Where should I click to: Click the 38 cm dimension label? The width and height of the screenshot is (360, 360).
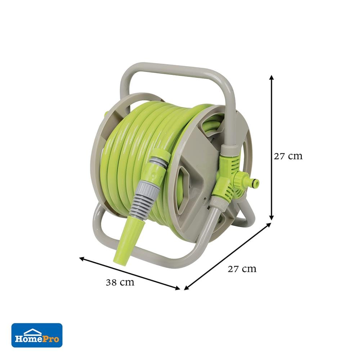point(120,282)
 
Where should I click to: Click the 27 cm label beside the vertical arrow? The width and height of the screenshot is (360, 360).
point(288,156)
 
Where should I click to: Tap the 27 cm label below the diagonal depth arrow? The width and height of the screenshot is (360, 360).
point(242,269)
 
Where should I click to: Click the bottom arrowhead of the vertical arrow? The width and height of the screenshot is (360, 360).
point(271,218)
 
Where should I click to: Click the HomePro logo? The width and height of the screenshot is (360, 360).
point(37,335)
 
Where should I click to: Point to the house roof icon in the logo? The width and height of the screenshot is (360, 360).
point(33,331)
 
